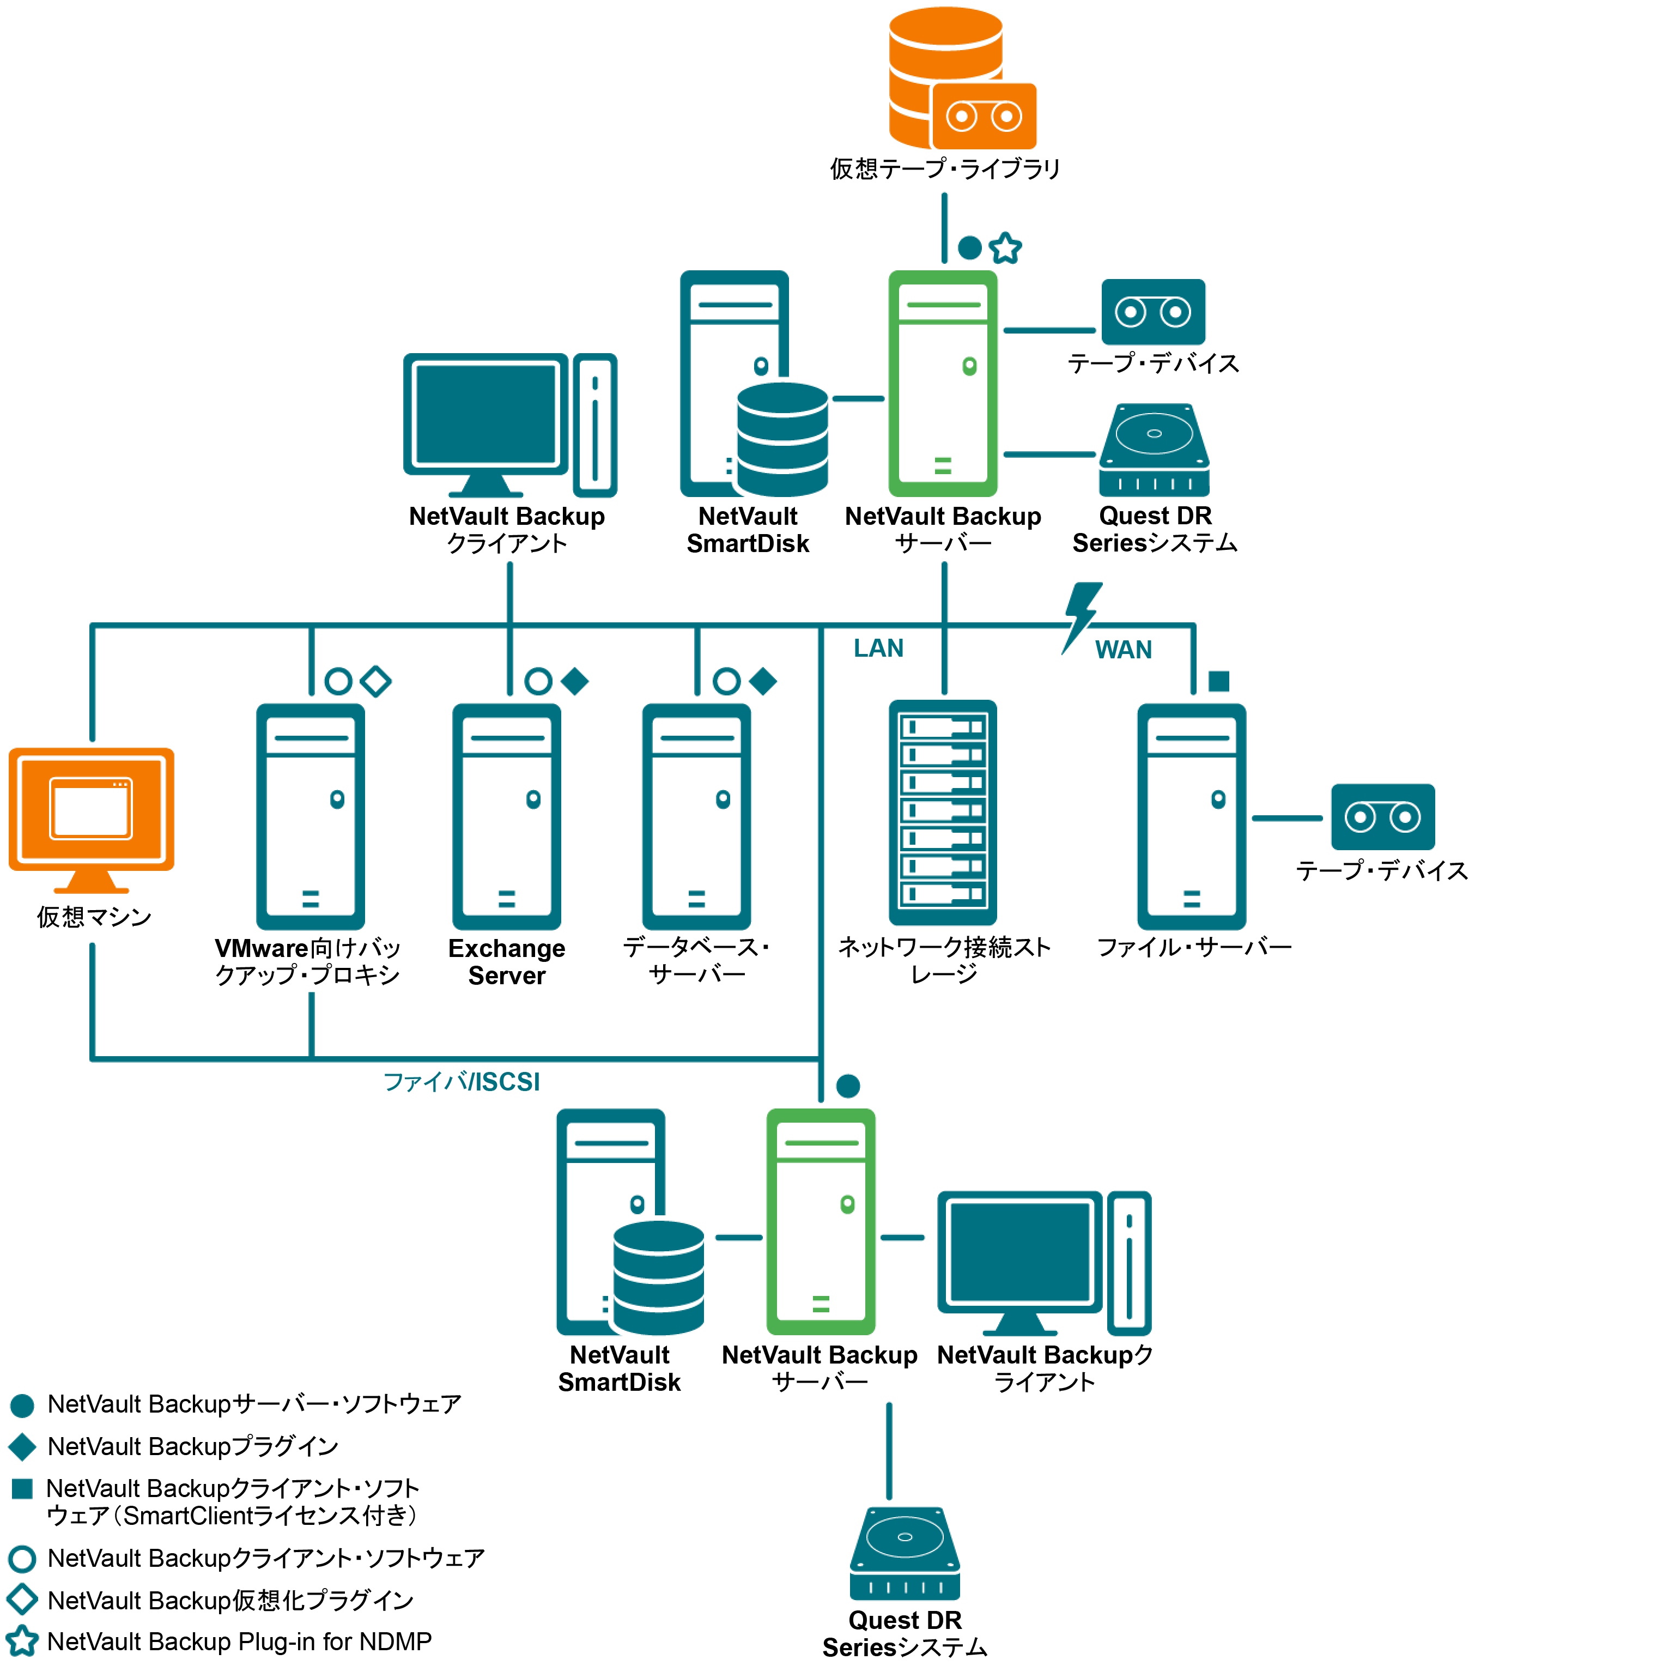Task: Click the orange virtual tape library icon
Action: [x=961, y=80]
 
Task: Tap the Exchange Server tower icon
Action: [x=507, y=816]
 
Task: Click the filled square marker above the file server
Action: [x=1218, y=681]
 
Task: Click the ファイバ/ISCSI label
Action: [x=461, y=1081]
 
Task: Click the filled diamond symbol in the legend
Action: [x=22, y=1446]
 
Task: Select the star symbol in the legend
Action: [x=22, y=1640]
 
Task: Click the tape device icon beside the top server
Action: [x=1152, y=311]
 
